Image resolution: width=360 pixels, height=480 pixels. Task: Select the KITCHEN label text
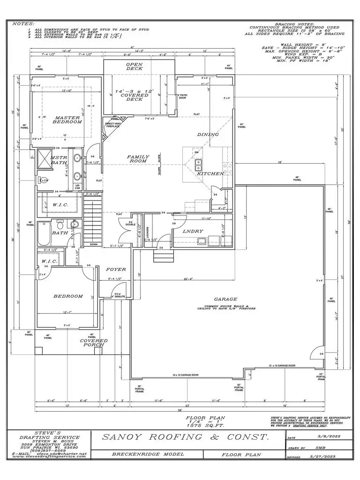[197, 173]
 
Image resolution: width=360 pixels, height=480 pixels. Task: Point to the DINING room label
[208, 135]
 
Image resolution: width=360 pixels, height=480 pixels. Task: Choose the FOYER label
[114, 270]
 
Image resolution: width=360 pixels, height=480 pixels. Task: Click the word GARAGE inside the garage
[225, 299]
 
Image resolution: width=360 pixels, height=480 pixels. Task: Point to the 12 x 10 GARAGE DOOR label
[282, 365]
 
